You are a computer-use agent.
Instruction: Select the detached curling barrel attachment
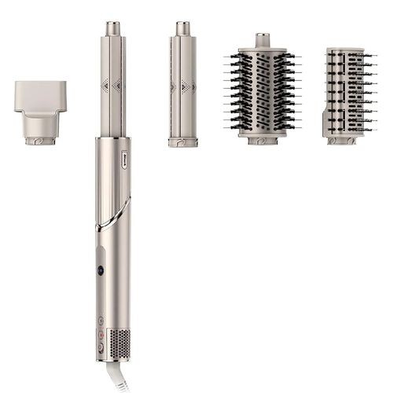coord(183,86)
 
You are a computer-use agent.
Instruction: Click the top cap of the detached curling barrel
coord(183,28)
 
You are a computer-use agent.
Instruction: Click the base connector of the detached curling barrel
coord(182,142)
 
